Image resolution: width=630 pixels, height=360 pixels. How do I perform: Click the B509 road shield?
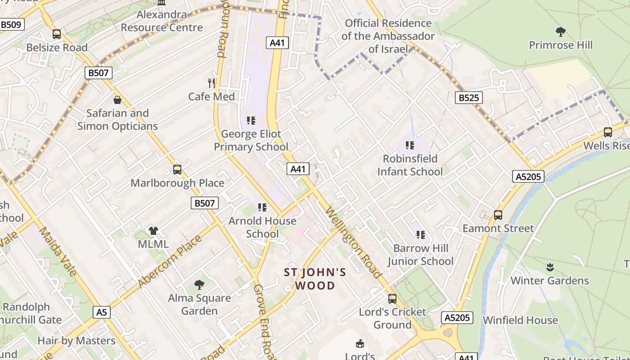[11, 24]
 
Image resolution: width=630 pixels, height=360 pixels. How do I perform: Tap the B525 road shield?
[468, 98]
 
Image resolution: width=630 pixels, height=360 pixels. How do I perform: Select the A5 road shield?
[102, 312]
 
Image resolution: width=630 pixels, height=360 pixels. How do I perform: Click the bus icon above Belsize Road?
[57, 34]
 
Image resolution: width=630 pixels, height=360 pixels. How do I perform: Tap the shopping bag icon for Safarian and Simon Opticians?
[117, 99]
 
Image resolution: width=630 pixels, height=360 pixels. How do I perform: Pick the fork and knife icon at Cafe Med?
[211, 83]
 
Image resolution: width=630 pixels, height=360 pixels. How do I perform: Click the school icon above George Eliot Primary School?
[251, 120]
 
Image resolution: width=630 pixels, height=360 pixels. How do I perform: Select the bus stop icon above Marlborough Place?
[177, 170]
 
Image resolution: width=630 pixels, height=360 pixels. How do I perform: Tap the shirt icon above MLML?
[153, 231]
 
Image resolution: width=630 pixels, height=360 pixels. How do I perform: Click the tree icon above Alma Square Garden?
[199, 284]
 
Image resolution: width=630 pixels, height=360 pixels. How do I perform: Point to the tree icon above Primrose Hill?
[560, 31]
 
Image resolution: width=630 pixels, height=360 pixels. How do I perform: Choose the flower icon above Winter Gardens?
[549, 267]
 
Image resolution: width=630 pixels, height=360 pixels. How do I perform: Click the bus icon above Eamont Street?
[498, 215]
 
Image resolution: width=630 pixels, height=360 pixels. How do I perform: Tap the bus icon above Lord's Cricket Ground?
[392, 299]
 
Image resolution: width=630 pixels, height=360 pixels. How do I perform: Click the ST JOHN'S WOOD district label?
[315, 279]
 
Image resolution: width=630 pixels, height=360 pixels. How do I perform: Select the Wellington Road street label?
[354, 243]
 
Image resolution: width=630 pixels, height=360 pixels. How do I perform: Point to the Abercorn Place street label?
[170, 262]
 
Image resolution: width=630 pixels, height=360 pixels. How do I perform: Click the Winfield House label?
[520, 320]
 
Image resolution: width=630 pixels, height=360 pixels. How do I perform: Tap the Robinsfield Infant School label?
[410, 165]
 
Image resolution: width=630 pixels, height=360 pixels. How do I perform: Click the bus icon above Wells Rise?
[608, 132]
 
